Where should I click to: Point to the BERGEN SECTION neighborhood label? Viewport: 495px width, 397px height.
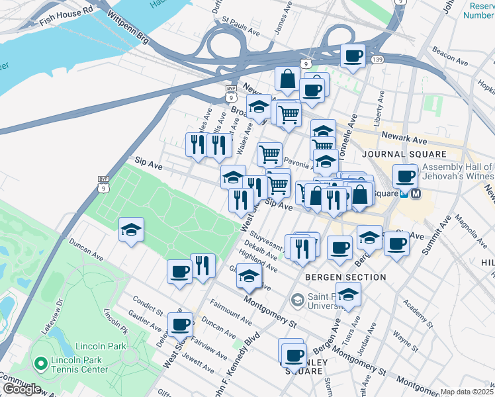coord(345,277)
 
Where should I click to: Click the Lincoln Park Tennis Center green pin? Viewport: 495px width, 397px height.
coord(40,363)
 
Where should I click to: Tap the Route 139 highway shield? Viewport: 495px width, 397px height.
coord(377,60)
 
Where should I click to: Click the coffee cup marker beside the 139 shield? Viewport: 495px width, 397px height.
coord(353,55)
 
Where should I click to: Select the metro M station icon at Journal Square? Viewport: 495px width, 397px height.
coord(416,194)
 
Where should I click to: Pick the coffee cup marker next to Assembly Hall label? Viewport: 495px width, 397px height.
coord(404,176)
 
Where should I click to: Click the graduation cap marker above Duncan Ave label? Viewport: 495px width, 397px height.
coord(131,230)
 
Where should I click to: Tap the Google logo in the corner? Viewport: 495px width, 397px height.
coord(21,389)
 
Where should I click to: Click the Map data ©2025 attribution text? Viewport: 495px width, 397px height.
coord(467,392)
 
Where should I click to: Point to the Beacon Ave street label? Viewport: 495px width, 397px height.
coord(450,50)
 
